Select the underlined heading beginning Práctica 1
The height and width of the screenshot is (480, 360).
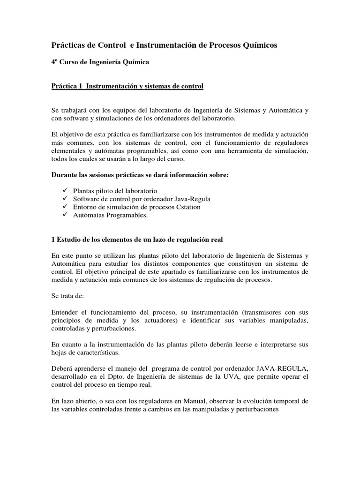click(x=127, y=86)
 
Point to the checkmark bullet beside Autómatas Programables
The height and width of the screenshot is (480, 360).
click(x=65, y=215)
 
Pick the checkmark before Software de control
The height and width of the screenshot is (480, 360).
click(x=65, y=199)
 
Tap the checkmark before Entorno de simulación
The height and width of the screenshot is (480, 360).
click(x=65, y=207)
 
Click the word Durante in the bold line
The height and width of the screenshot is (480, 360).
click(x=64, y=175)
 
